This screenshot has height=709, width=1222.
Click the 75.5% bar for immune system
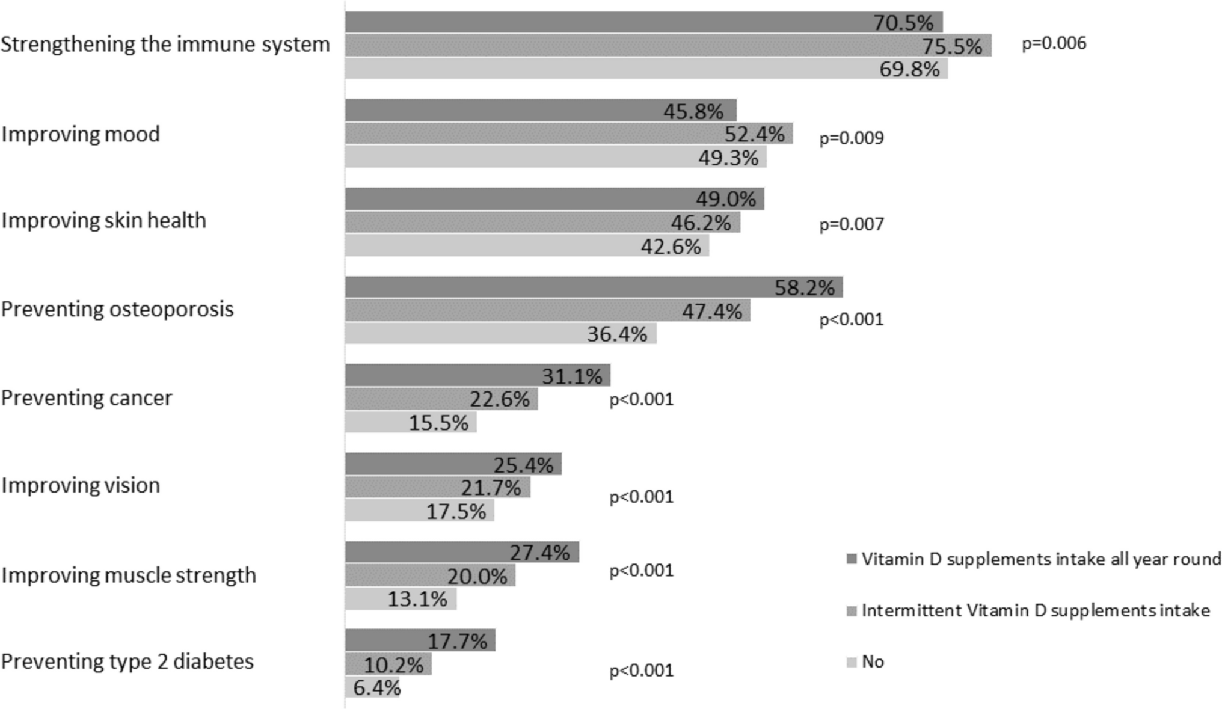(668, 46)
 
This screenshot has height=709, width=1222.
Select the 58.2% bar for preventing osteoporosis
(594, 287)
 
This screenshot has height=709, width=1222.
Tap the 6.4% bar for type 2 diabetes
(372, 687)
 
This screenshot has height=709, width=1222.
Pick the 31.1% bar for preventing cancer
(477, 375)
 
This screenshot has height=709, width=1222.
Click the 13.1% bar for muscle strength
(401, 599)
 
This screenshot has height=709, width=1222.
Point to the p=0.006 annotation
(1054, 43)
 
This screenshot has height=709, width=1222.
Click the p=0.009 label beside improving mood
(851, 138)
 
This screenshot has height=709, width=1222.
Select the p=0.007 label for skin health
(851, 224)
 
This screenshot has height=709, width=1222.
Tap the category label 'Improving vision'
(81, 485)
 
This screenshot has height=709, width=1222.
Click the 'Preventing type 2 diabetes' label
(127, 661)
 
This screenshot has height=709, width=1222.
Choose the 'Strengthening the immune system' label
(165, 44)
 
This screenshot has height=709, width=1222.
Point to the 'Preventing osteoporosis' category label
(117, 309)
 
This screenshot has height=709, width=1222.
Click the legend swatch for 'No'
(851, 663)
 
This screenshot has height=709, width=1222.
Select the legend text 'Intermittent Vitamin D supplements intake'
(1035, 610)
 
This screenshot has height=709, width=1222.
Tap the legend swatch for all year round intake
(851, 560)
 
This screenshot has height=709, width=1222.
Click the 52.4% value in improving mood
(754, 134)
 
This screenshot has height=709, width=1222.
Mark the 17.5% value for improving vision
(456, 511)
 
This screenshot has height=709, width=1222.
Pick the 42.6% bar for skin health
(527, 246)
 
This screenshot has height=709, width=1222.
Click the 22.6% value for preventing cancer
(500, 399)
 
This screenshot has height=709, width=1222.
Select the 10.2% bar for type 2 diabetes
(388, 664)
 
